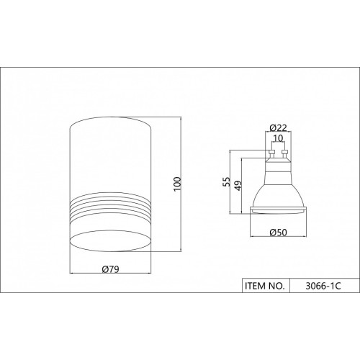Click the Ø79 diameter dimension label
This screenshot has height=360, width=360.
click(110, 269)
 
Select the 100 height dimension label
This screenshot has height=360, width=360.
click(177, 184)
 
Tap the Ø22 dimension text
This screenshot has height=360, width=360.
click(278, 128)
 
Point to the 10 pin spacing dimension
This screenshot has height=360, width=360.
click(278, 138)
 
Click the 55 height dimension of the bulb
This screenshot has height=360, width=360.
click(226, 181)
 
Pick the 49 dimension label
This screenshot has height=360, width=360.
click(238, 186)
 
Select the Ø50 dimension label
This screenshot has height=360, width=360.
click(278, 233)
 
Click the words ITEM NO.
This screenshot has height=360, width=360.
click(265, 286)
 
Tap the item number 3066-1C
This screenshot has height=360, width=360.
click(323, 286)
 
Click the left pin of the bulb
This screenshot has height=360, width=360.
click(271, 155)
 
